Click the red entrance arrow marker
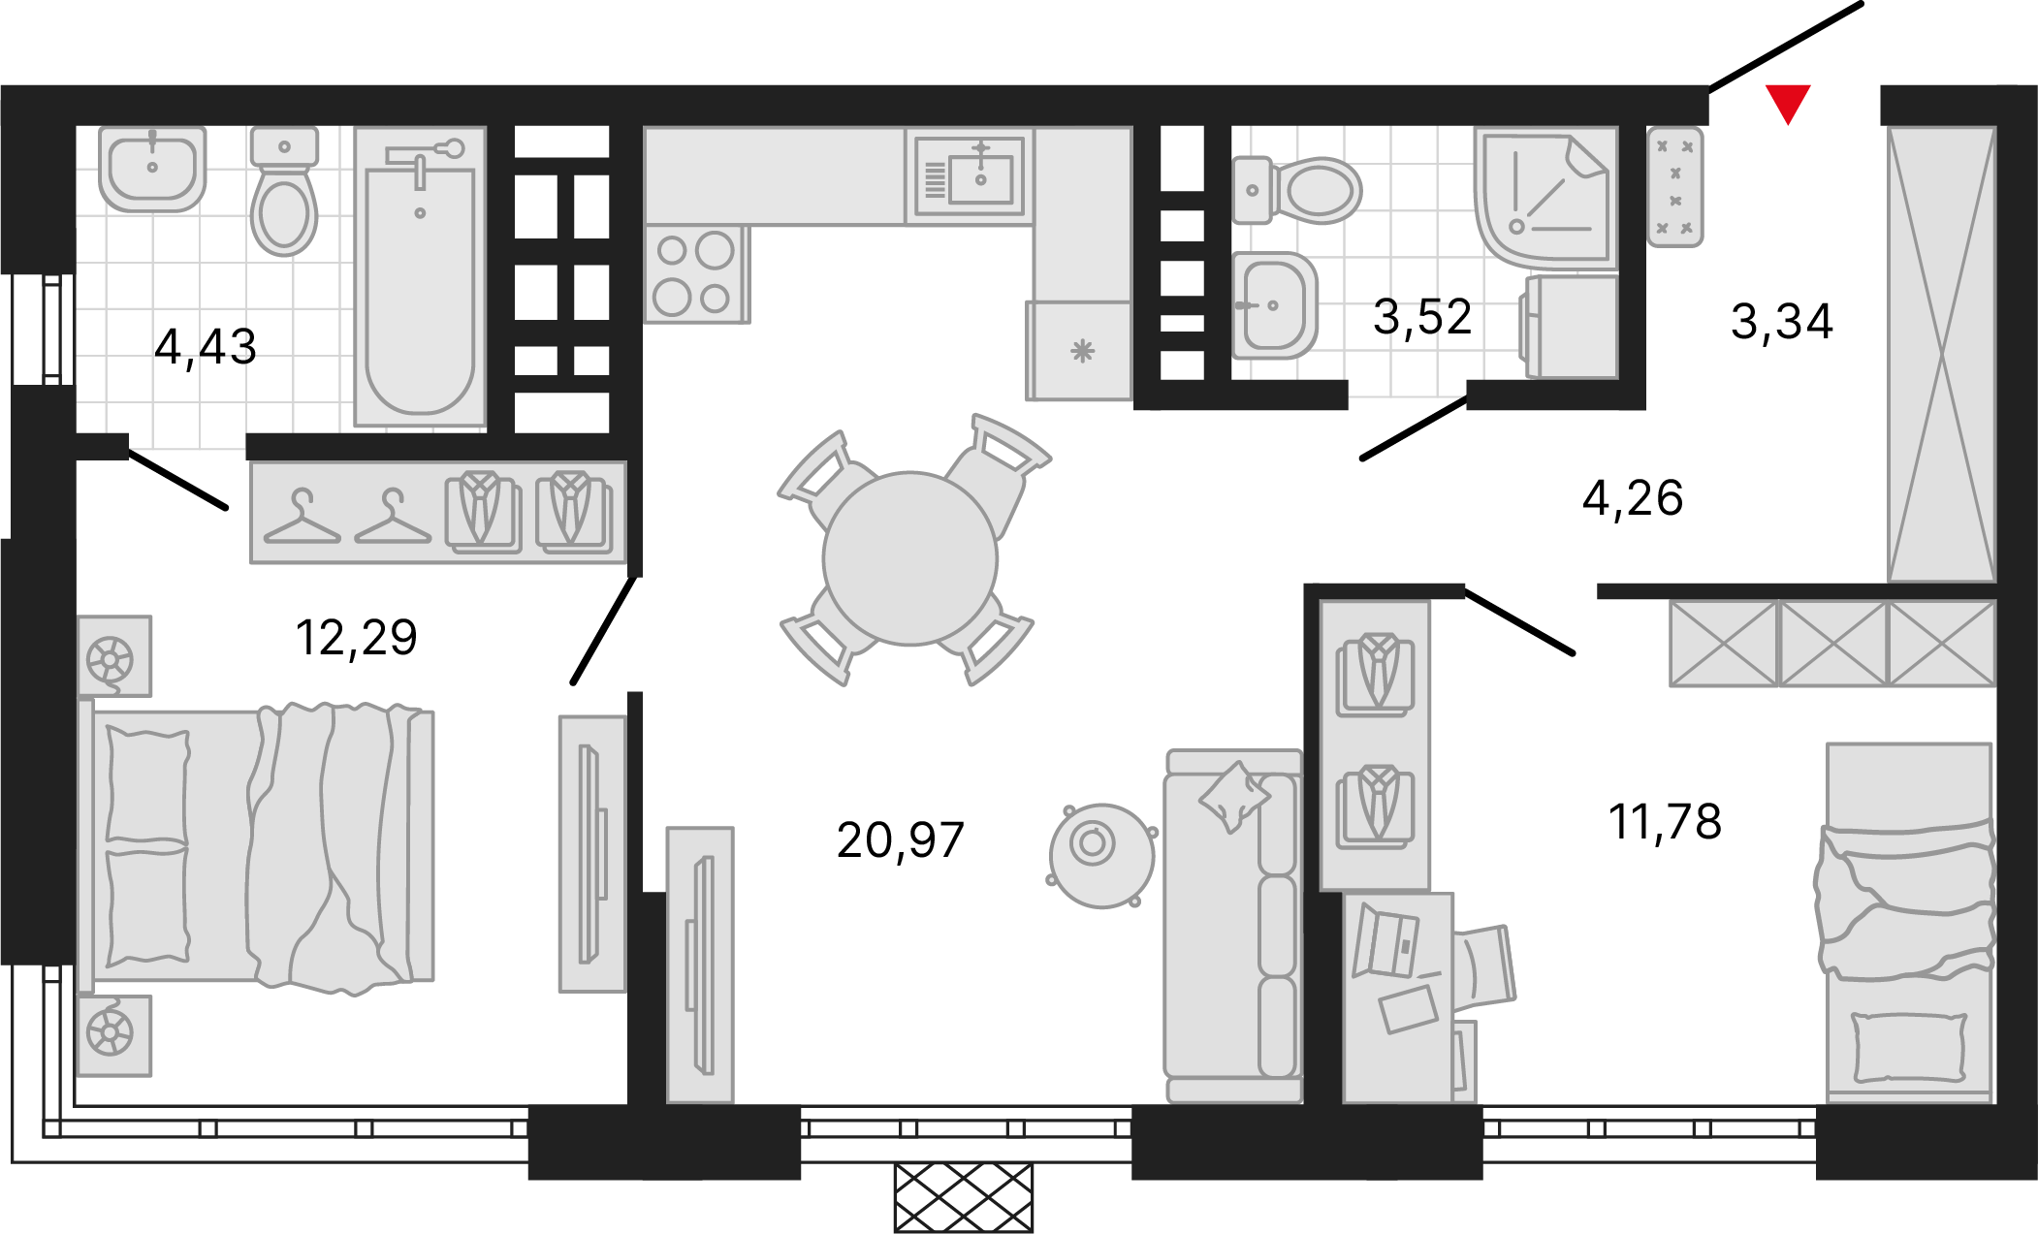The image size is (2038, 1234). [x=1788, y=104]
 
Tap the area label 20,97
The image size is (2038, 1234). [x=900, y=840]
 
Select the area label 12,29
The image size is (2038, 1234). [x=356, y=638]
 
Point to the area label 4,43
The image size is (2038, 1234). [x=206, y=347]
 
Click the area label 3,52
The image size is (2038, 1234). [x=1422, y=317]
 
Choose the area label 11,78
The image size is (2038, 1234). [x=1665, y=822]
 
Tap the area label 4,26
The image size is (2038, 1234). [x=1633, y=498]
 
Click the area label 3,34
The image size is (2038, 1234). [x=1781, y=322]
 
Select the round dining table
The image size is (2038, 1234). [x=909, y=558]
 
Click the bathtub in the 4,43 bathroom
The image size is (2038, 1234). [x=420, y=276]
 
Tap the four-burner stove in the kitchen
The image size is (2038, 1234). [x=696, y=274]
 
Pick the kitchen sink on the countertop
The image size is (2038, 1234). [x=970, y=177]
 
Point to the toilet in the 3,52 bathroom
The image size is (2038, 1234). [x=1296, y=190]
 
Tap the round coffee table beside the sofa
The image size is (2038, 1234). [x=1101, y=855]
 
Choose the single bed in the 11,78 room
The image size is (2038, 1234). [x=1908, y=923]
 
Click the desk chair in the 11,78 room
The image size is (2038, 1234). [x=1484, y=965]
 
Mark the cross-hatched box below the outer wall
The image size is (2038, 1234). [x=964, y=1198]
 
